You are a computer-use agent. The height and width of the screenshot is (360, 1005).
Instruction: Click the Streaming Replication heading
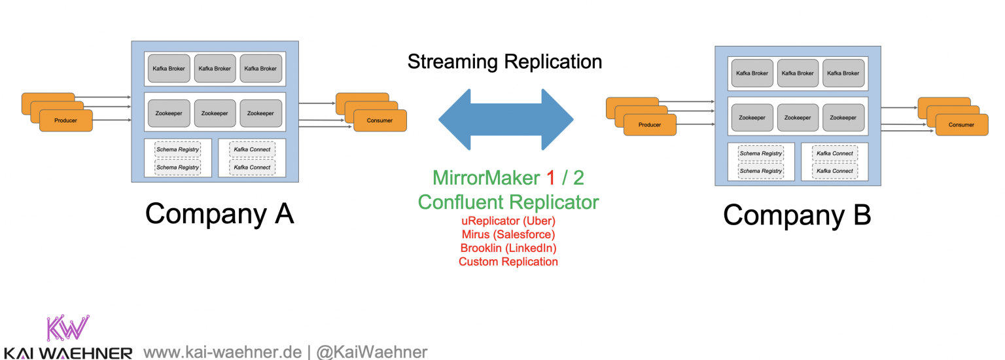[504, 62]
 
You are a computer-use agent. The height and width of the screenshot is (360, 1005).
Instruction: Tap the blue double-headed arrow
[506, 120]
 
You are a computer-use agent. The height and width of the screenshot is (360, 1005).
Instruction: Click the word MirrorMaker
[487, 178]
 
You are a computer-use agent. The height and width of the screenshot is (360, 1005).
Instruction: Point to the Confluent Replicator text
[508, 202]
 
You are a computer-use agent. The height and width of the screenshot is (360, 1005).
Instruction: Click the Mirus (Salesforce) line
[508, 235]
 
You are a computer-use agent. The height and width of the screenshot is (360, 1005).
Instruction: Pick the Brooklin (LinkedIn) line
[508, 248]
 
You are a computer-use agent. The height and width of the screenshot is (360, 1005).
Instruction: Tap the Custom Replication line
[508, 262]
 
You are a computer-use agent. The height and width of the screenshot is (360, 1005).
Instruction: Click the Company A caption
[219, 213]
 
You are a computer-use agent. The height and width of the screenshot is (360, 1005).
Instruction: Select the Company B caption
[797, 215]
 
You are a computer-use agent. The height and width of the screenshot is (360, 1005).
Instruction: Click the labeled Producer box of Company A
[66, 120]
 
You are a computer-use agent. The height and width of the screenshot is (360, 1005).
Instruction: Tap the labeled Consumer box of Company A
[380, 120]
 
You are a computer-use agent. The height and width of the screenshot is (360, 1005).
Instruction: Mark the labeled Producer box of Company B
[650, 124]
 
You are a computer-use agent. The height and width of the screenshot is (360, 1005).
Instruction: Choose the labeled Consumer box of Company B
[962, 124]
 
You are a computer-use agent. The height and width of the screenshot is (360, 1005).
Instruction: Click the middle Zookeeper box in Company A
[215, 113]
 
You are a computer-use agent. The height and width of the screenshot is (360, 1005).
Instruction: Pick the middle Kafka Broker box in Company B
[798, 73]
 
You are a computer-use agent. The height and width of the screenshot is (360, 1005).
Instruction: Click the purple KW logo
[67, 327]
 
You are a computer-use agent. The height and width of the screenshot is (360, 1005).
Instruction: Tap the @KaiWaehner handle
[372, 352]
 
